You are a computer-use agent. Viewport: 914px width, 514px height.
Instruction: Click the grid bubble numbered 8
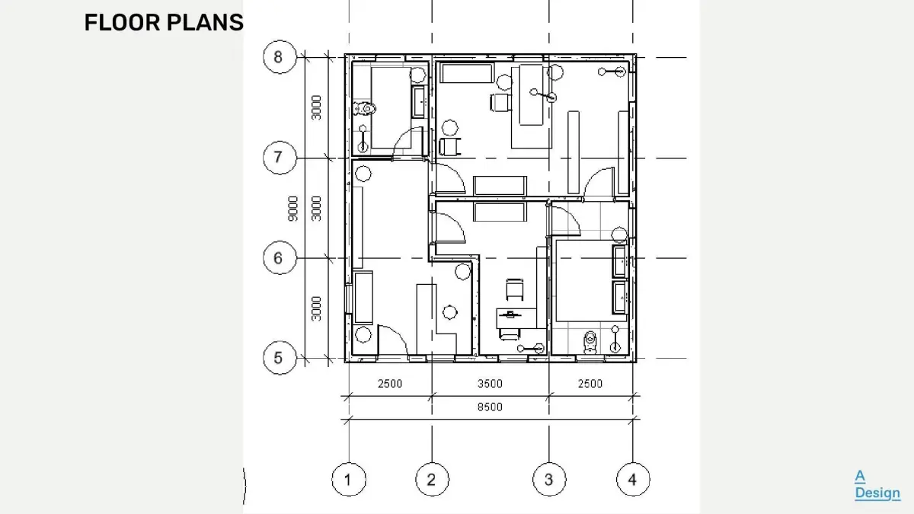(x=280, y=57)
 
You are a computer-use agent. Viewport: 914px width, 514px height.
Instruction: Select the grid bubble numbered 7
(x=280, y=158)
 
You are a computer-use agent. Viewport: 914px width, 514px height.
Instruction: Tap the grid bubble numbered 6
(x=280, y=258)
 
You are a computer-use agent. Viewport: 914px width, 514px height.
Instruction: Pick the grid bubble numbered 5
(x=280, y=358)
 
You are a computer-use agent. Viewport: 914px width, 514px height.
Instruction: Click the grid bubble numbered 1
(x=349, y=479)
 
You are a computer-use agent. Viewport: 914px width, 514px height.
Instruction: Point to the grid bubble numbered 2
(x=432, y=479)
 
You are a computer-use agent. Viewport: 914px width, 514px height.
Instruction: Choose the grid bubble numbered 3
(x=549, y=479)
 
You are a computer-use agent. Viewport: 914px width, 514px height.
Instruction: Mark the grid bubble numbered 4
(x=633, y=479)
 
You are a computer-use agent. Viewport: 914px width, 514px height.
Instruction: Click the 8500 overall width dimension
(x=490, y=407)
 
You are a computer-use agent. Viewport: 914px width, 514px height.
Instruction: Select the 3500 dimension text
(x=490, y=384)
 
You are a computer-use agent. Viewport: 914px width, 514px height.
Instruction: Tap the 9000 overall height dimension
(x=293, y=209)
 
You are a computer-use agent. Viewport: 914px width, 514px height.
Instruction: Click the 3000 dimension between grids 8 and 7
(x=316, y=107)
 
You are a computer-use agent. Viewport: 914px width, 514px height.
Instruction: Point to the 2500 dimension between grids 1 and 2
(x=390, y=384)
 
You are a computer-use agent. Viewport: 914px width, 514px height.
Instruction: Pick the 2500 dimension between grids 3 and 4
(x=590, y=384)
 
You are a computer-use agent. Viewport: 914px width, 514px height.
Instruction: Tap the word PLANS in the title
(x=205, y=22)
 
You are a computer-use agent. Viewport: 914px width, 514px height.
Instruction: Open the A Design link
(x=877, y=484)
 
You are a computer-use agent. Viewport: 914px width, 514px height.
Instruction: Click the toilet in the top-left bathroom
(x=365, y=108)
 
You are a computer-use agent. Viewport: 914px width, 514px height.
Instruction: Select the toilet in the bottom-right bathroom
(x=590, y=342)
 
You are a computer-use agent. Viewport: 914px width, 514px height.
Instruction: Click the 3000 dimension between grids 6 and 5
(x=316, y=308)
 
